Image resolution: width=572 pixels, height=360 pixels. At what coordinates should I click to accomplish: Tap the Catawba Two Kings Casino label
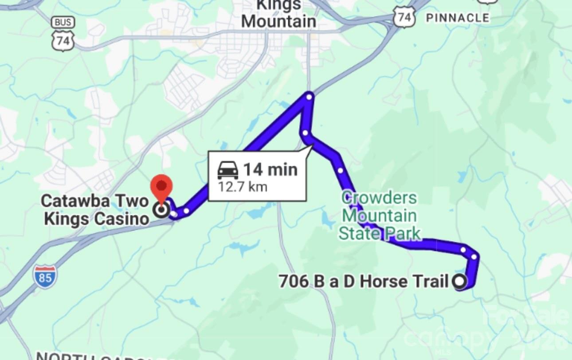(x=95, y=210)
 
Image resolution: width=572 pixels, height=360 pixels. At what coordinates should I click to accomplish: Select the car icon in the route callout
(x=228, y=170)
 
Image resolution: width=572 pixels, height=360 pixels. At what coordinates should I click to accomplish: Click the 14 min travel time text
(x=270, y=169)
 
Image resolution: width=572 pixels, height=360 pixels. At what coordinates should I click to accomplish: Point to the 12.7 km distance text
(x=242, y=187)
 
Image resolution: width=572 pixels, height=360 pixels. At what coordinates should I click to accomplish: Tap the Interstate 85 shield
(x=45, y=276)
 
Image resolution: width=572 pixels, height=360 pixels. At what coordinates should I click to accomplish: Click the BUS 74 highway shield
(x=63, y=35)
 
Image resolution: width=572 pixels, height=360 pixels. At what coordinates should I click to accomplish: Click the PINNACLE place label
(x=457, y=18)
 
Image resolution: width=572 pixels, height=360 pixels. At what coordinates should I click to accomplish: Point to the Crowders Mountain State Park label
(x=380, y=216)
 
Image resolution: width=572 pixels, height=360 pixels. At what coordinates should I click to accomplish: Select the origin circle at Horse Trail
(x=459, y=281)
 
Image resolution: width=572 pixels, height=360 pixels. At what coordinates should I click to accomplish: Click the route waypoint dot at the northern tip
(x=310, y=96)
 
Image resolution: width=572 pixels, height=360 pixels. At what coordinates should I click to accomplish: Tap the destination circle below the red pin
(x=162, y=209)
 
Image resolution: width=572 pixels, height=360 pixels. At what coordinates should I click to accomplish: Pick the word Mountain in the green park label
(x=380, y=216)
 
